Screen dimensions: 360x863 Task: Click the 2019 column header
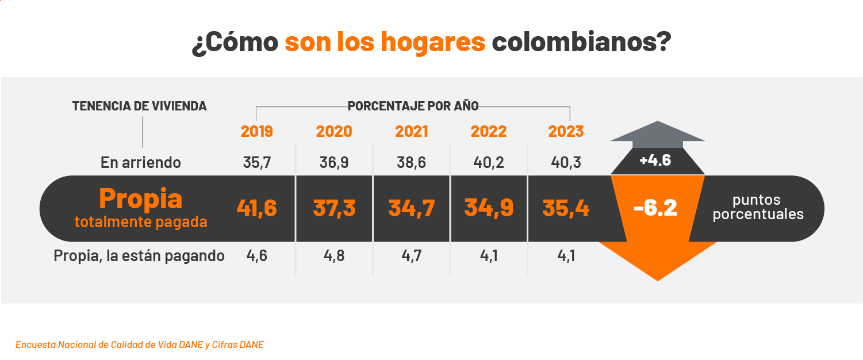[x=256, y=132]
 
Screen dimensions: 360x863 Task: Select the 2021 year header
[x=411, y=132]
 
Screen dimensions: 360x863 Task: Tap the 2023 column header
[x=566, y=132]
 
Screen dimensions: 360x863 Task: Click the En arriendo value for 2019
[x=256, y=163]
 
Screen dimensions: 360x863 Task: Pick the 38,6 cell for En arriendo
[x=411, y=163]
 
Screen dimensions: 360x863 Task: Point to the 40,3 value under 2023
[x=566, y=163]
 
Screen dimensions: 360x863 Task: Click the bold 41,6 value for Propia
[x=256, y=208]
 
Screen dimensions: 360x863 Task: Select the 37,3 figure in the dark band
[x=334, y=208]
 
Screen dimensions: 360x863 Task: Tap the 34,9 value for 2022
[x=489, y=208]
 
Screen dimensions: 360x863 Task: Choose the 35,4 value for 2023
[x=566, y=208]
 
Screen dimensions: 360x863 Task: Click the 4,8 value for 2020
[x=334, y=255]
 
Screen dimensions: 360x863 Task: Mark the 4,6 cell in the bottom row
[x=256, y=255]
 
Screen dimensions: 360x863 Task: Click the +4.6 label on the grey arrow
[x=655, y=160]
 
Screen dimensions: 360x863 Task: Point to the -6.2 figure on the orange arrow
[x=655, y=209]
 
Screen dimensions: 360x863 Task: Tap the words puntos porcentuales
[x=757, y=207]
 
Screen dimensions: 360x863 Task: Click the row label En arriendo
[x=140, y=163]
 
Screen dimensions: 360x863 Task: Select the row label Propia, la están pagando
[x=139, y=255]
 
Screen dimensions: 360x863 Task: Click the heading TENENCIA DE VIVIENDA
[x=139, y=106]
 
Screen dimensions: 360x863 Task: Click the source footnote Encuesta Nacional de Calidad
[x=140, y=345]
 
